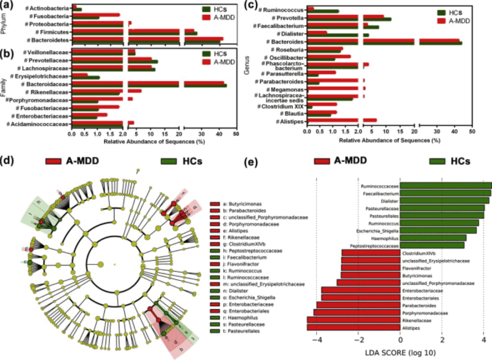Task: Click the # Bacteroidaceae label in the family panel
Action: pyautogui.click(x=47, y=84)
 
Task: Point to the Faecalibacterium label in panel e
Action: pyautogui.click(x=380, y=193)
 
